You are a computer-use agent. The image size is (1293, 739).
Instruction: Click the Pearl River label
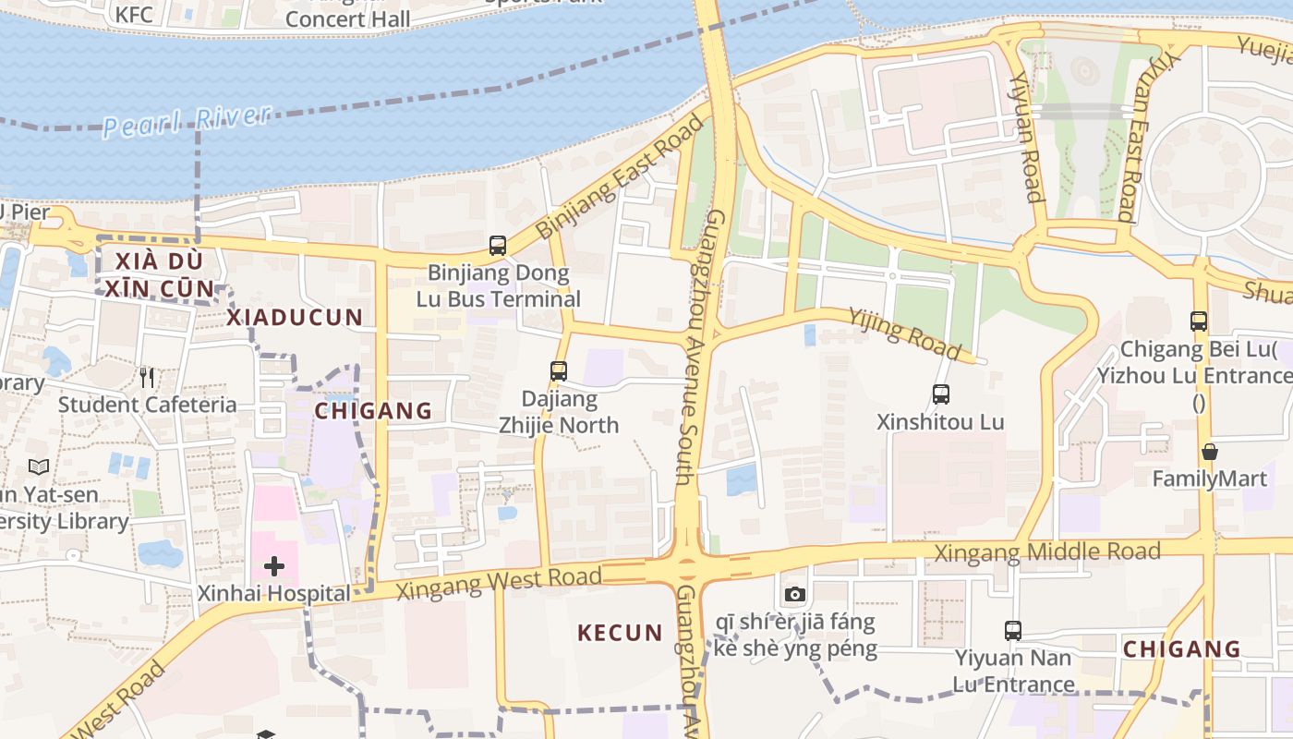tap(187, 120)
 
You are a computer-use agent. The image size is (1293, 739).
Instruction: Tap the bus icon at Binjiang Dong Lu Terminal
tap(498, 246)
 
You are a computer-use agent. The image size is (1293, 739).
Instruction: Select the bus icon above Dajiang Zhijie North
tap(559, 371)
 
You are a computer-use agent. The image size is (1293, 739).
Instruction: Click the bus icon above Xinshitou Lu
tap(941, 394)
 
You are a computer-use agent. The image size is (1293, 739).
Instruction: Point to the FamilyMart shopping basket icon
tap(1209, 452)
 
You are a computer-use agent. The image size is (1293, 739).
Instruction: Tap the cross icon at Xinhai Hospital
tap(274, 566)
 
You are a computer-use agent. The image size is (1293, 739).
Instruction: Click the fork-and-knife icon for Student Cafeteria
tap(147, 377)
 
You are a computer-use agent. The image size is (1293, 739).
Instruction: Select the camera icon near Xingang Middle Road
tap(795, 594)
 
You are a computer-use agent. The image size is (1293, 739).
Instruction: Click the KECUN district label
tap(620, 633)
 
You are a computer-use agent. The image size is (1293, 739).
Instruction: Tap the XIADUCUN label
tap(295, 317)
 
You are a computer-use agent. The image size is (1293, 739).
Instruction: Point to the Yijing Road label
tap(906, 333)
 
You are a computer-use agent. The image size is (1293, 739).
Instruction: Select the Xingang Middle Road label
tap(1047, 552)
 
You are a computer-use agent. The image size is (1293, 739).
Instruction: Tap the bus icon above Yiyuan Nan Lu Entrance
tap(1013, 631)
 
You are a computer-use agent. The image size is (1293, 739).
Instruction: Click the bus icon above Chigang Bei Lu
tap(1199, 321)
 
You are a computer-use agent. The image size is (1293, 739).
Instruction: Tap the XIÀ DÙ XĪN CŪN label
tap(158, 273)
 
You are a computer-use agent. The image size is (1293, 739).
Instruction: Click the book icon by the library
tap(38, 467)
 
